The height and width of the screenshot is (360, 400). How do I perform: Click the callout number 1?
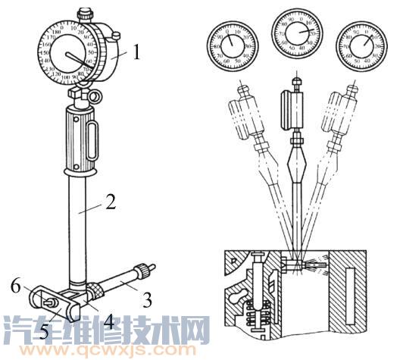tap(136, 53)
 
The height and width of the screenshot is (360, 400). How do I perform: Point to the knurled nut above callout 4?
tap(96, 290)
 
